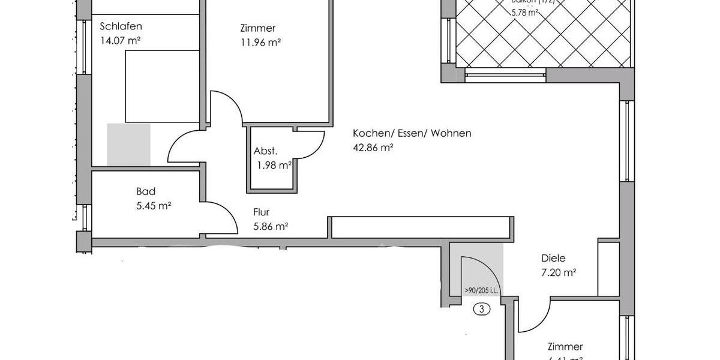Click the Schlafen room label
point(121,26)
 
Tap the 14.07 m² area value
point(121,41)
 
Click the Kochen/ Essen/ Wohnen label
point(412,133)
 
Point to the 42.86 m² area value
point(373,148)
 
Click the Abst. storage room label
point(265,151)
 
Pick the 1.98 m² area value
point(272,166)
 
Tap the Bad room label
point(146,192)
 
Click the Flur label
point(262,212)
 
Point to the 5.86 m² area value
point(271,226)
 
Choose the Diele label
point(553,259)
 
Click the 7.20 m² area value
point(559,273)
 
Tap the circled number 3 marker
point(482,310)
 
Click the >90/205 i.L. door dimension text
point(482,292)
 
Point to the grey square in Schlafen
point(128,144)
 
